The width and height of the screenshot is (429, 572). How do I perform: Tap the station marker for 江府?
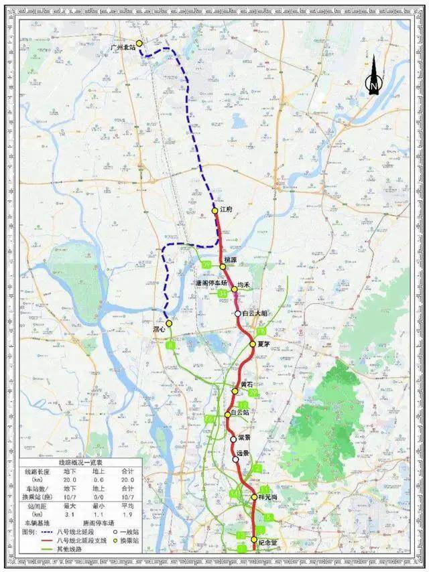tap(215, 210)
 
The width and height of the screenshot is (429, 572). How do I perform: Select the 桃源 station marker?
tap(223, 267)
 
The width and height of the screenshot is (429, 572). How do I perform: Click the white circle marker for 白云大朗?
tap(237, 313)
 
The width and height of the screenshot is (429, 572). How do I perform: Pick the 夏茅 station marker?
tap(253, 344)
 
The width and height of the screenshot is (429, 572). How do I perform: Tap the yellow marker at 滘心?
tap(170, 323)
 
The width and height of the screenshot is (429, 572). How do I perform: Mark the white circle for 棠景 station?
tap(233, 439)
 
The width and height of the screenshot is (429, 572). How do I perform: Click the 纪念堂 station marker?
tap(253, 540)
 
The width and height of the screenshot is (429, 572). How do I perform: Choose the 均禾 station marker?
tap(235, 290)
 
